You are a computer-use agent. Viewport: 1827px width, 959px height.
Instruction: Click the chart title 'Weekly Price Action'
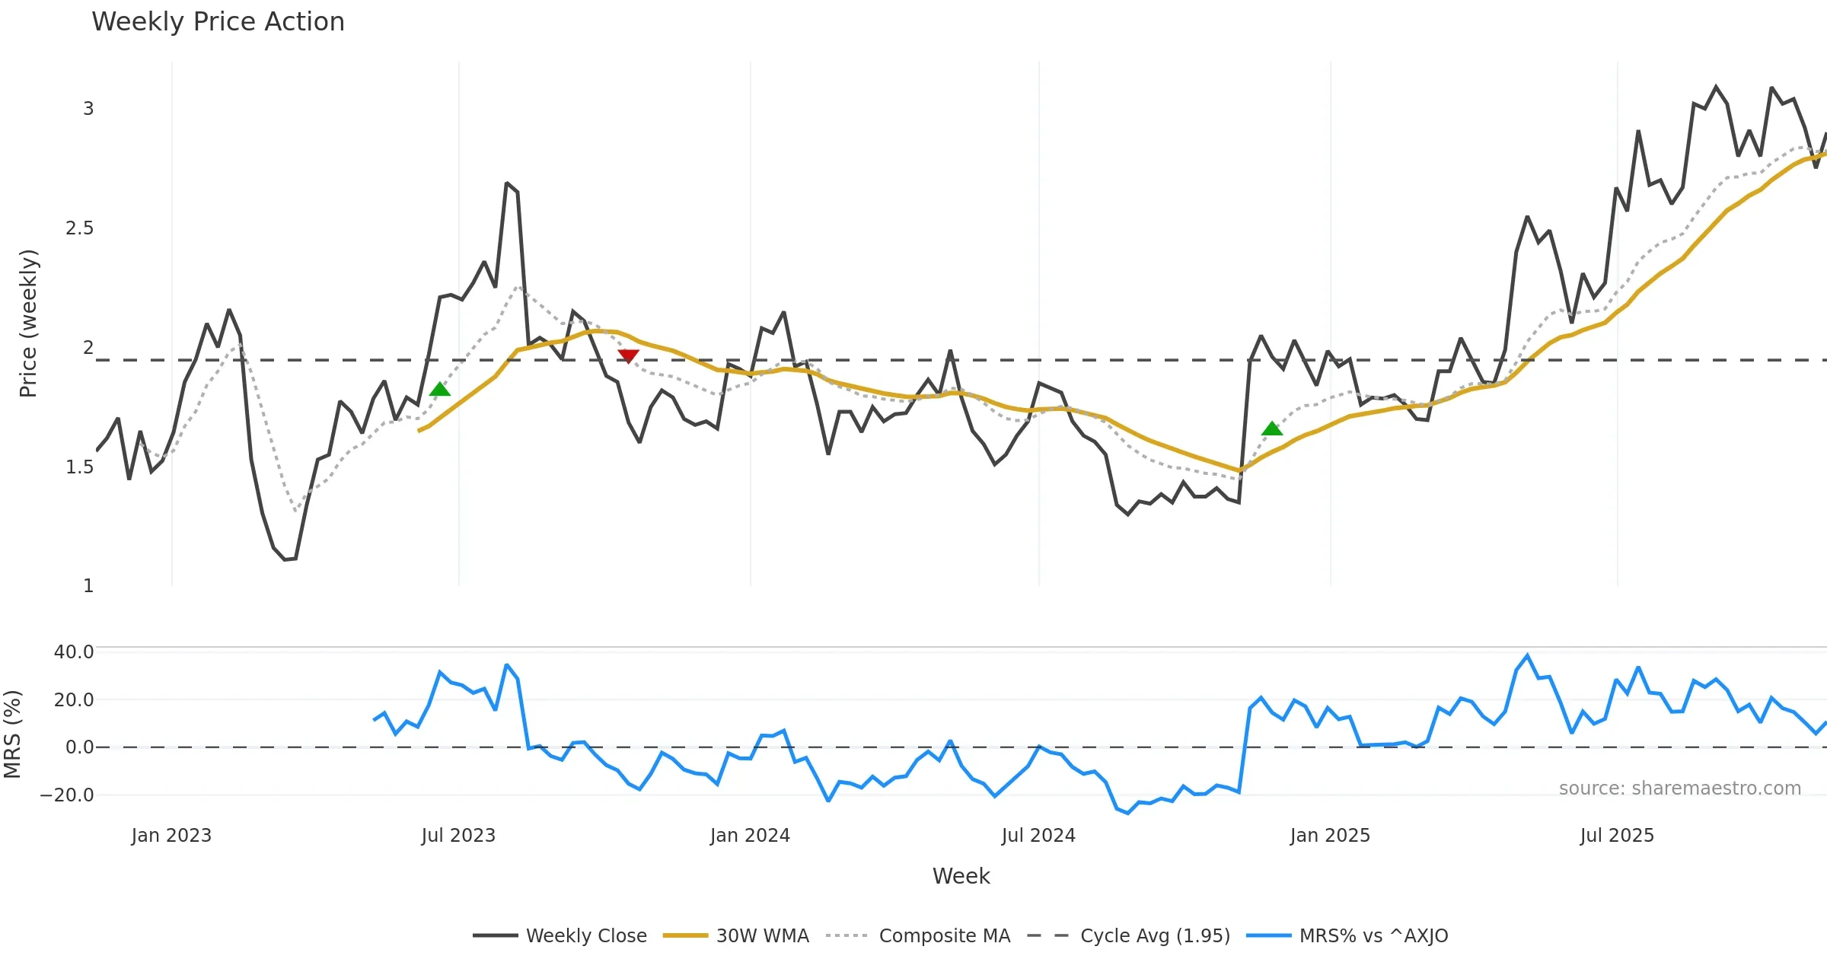coord(218,22)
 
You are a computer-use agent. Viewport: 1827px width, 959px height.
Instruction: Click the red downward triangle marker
coord(628,355)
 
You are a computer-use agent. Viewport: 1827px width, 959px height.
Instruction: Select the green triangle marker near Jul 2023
coord(440,390)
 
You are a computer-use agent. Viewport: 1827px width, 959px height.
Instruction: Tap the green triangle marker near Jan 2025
coord(1272,429)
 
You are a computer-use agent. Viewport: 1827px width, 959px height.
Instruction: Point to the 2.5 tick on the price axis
coord(79,228)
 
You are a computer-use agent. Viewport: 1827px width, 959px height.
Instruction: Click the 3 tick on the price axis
coord(88,109)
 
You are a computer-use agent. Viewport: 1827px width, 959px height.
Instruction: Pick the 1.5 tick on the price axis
coord(79,467)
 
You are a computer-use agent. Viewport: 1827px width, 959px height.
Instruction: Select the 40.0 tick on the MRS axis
coord(74,652)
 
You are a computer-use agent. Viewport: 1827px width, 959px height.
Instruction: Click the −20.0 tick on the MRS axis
coord(67,795)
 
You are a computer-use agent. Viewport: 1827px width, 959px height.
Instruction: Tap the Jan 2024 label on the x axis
coord(750,836)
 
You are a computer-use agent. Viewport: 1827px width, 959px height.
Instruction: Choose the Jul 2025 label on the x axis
coord(1617,836)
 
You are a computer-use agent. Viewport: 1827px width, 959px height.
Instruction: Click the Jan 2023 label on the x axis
coord(171,836)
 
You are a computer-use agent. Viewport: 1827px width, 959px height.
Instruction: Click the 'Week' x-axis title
coord(961,877)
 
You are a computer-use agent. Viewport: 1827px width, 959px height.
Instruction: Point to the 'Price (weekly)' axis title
coord(28,323)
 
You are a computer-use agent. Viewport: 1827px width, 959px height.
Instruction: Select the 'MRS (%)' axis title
coord(12,734)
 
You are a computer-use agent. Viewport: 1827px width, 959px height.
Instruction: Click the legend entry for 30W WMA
coord(762,936)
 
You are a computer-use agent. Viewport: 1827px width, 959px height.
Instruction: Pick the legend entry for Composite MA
coord(944,936)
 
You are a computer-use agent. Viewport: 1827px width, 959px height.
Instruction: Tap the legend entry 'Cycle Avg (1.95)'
coord(1155,936)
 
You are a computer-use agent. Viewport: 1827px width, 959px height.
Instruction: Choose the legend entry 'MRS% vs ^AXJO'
coord(1373,936)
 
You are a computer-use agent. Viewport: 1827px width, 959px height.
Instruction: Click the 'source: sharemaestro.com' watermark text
coord(1679,789)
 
